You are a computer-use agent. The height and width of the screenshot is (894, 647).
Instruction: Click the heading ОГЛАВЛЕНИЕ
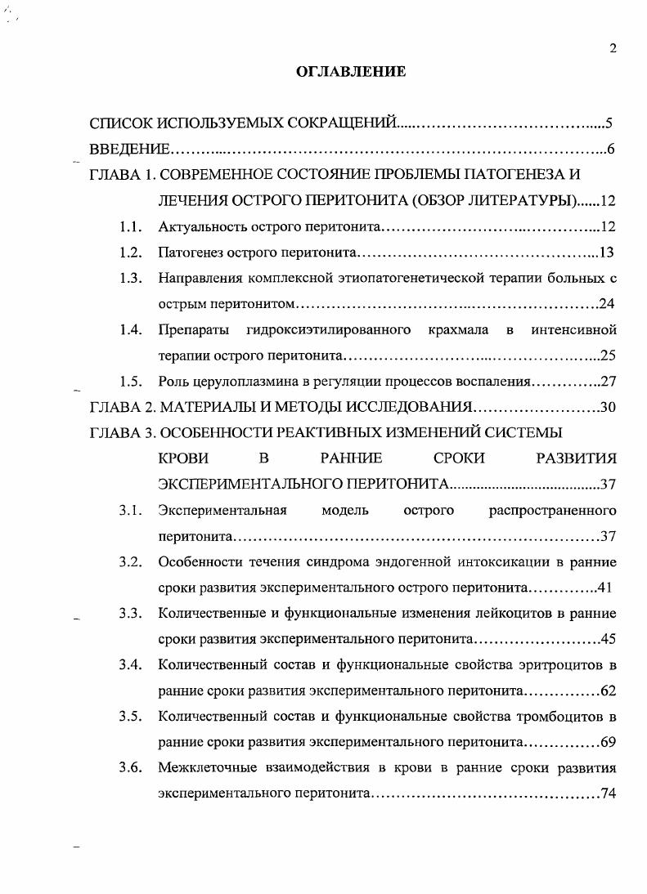click(x=350, y=73)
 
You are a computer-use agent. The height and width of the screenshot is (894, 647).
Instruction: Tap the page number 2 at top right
click(x=613, y=49)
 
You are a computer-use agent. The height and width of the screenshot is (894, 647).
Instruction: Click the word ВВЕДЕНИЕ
click(x=129, y=150)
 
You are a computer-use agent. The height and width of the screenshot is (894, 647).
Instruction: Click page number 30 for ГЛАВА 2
click(x=607, y=407)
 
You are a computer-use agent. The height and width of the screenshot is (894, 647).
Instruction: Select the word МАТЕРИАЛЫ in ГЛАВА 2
click(x=202, y=407)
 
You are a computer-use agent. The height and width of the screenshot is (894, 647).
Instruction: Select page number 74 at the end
click(x=607, y=793)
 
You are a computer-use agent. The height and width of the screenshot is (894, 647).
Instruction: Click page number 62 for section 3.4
click(x=607, y=691)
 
